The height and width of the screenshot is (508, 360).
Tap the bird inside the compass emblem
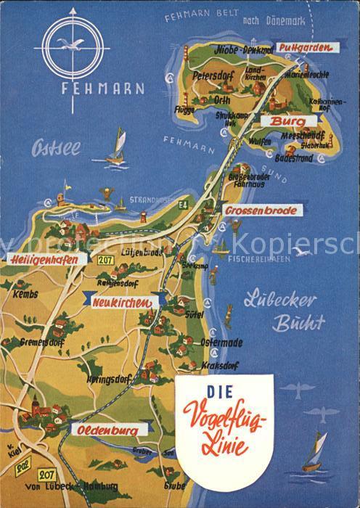[x=73, y=43]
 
